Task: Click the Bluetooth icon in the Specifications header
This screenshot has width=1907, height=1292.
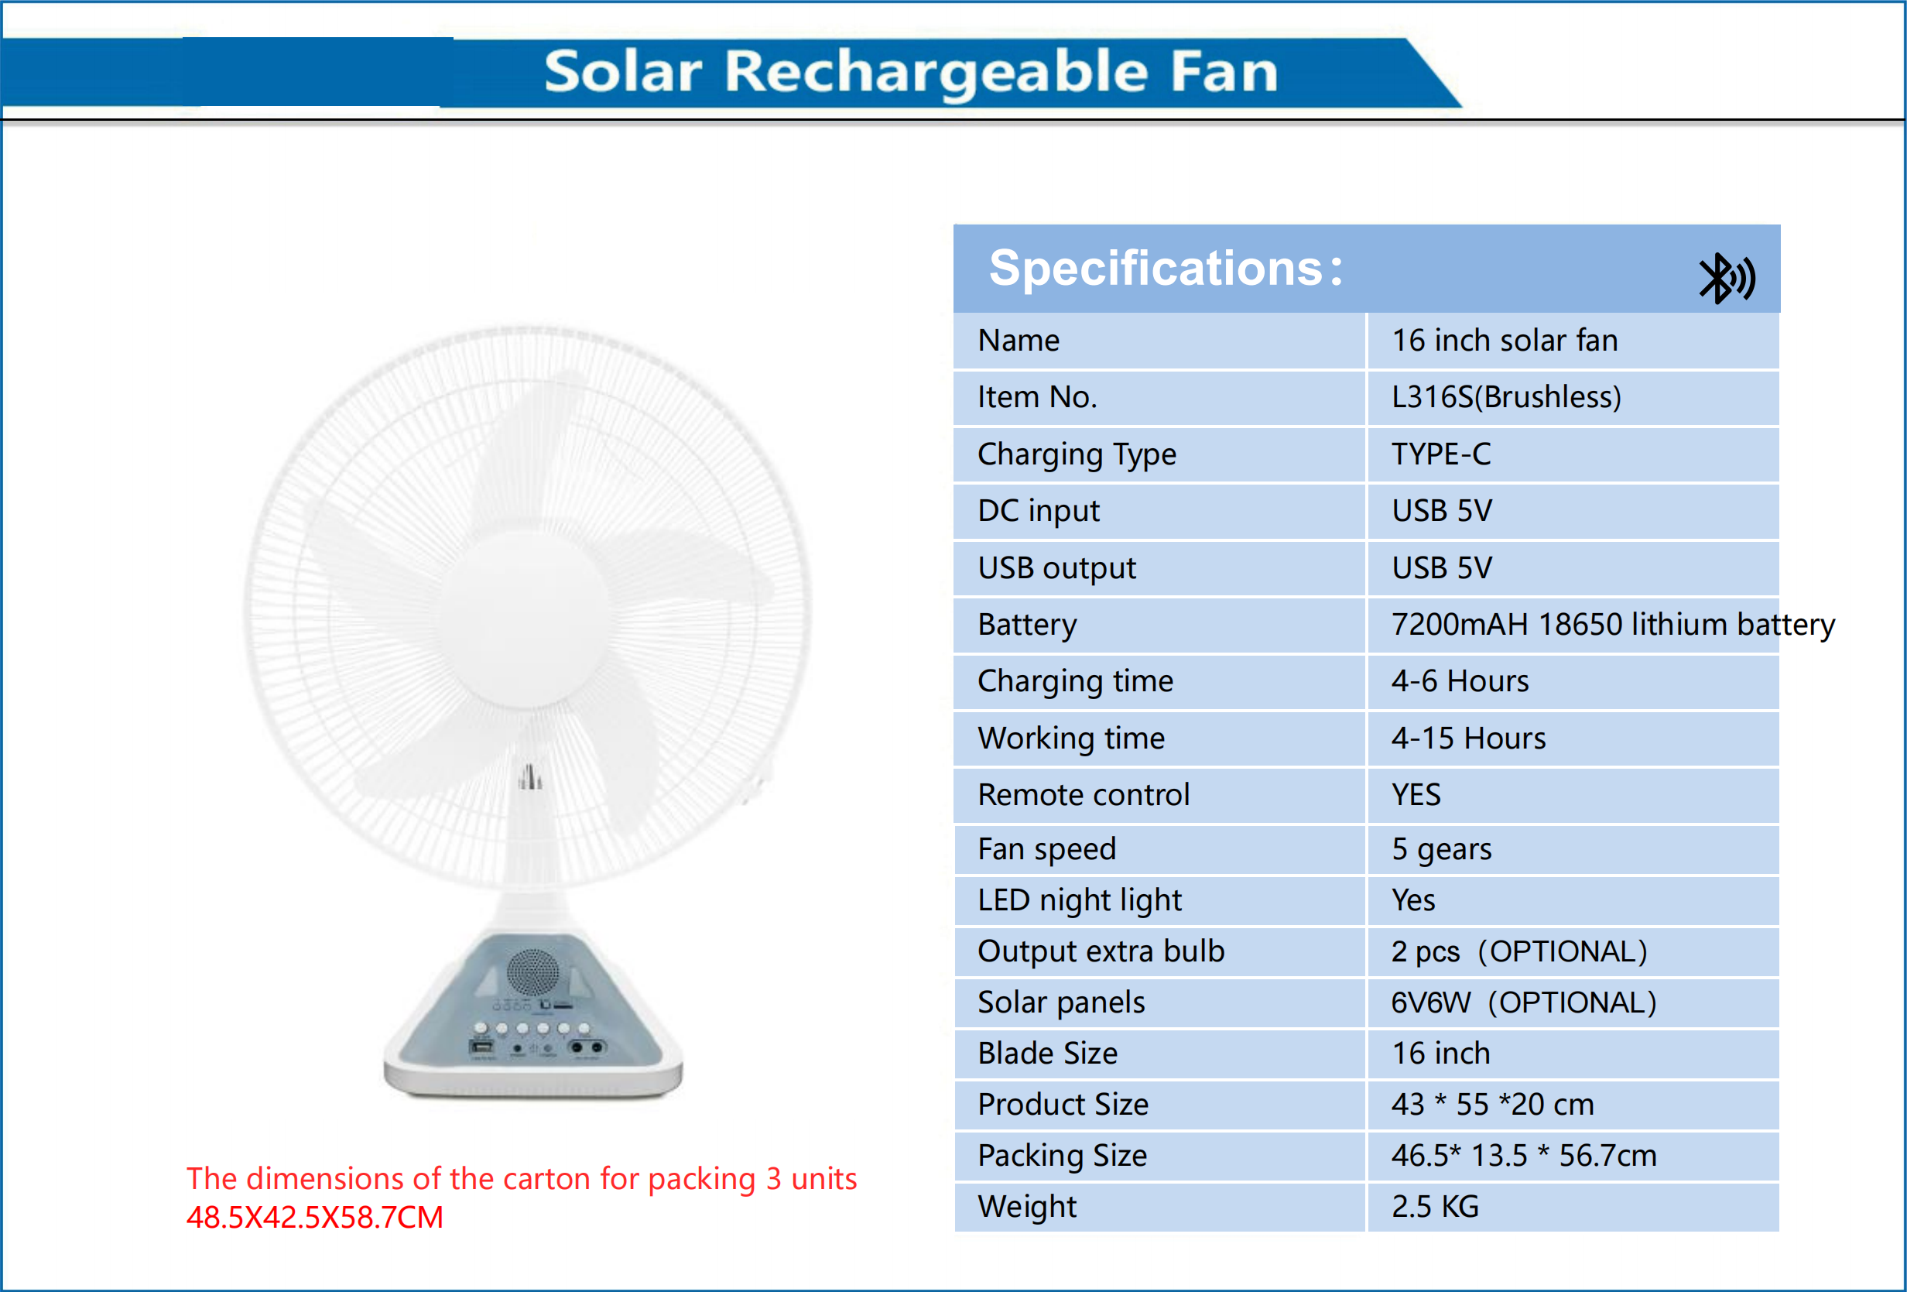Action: click(x=1726, y=278)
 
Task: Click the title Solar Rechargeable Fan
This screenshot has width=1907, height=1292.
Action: click(x=911, y=71)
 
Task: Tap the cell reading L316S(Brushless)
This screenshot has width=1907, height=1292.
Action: click(x=1506, y=397)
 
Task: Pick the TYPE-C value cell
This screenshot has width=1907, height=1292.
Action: click(x=1441, y=454)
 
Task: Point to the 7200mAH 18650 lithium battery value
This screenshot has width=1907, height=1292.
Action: click(x=1612, y=625)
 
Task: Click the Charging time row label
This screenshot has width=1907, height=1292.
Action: click(x=1075, y=681)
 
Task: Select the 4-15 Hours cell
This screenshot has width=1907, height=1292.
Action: click(x=1468, y=738)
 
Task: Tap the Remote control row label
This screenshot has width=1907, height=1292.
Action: click(x=1084, y=794)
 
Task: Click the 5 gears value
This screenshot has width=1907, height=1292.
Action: click(x=1441, y=848)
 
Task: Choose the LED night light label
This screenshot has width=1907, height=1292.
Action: click(x=1079, y=900)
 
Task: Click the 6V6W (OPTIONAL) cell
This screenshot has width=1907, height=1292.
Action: click(x=1524, y=1002)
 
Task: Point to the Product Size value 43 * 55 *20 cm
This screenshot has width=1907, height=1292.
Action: click(x=1492, y=1105)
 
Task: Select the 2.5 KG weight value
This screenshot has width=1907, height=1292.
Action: click(x=1435, y=1207)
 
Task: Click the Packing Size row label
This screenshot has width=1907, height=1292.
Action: click(x=1062, y=1156)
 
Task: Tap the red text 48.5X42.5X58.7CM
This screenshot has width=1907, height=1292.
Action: click(x=314, y=1218)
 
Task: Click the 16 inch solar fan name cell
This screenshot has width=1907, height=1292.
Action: click(x=1504, y=341)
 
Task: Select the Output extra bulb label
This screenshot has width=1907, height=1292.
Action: click(x=1101, y=951)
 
